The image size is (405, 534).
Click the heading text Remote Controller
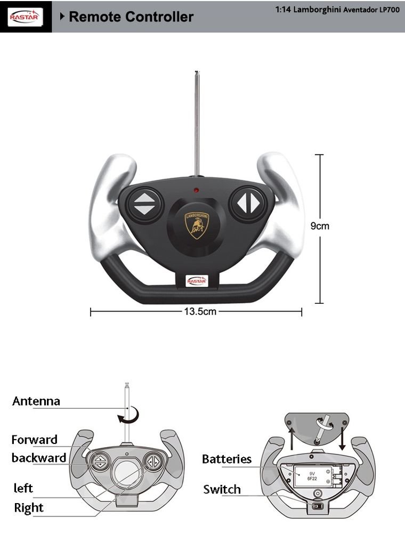tap(131, 17)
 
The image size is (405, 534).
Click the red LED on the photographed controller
tap(196, 190)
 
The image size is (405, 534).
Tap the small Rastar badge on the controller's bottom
tap(197, 280)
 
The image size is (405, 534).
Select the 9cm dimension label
tap(320, 226)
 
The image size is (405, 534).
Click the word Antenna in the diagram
tap(36, 401)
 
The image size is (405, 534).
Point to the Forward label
tap(35, 440)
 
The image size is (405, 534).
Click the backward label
tap(39, 458)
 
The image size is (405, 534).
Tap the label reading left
tap(23, 488)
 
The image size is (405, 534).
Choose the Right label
tap(29, 507)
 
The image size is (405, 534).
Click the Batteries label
tap(226, 459)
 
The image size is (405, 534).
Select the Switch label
tap(222, 489)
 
